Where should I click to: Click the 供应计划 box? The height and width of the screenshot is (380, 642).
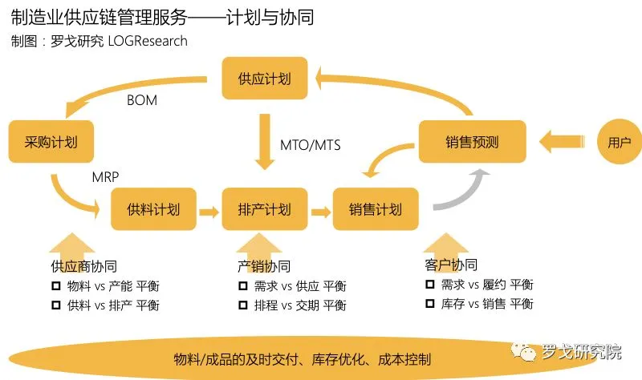[265, 79]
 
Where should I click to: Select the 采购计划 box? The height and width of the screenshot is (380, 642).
[51, 143]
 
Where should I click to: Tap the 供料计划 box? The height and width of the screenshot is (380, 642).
[153, 210]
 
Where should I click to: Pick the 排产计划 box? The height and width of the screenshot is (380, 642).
[265, 210]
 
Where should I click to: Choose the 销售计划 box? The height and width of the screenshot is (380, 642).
[375, 210]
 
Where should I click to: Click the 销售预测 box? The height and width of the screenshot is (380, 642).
[472, 143]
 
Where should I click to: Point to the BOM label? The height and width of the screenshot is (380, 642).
[142, 101]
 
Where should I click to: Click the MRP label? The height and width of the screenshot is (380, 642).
[108, 176]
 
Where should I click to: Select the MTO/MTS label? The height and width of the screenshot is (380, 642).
[310, 144]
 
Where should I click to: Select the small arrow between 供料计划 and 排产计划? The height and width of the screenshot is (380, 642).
[209, 211]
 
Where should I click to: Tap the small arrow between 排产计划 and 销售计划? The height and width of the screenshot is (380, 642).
[320, 211]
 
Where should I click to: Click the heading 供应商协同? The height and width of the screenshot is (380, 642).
[83, 266]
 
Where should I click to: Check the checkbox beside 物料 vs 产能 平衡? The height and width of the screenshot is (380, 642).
[56, 286]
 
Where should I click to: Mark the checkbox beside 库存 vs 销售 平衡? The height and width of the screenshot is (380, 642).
[429, 304]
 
